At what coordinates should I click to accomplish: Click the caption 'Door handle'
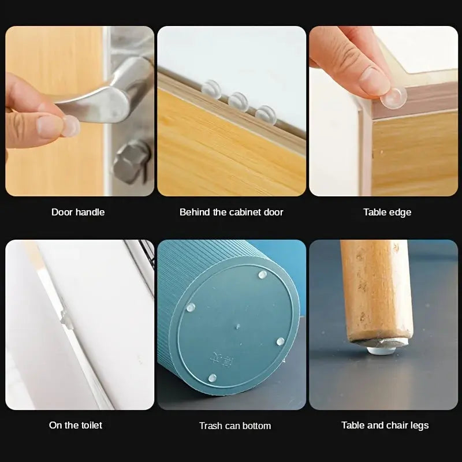[x=78, y=212]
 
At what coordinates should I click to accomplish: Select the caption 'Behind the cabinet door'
[x=231, y=212]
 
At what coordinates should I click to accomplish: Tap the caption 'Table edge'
[x=387, y=212]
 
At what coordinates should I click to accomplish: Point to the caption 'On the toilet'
[x=76, y=425]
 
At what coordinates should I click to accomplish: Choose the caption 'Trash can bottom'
[x=234, y=426]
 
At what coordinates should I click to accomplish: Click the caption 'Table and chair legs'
[x=385, y=425]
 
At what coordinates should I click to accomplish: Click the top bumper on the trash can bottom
[x=262, y=274]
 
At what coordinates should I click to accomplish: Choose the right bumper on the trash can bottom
[x=281, y=342]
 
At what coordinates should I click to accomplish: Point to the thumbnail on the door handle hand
[x=47, y=125]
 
